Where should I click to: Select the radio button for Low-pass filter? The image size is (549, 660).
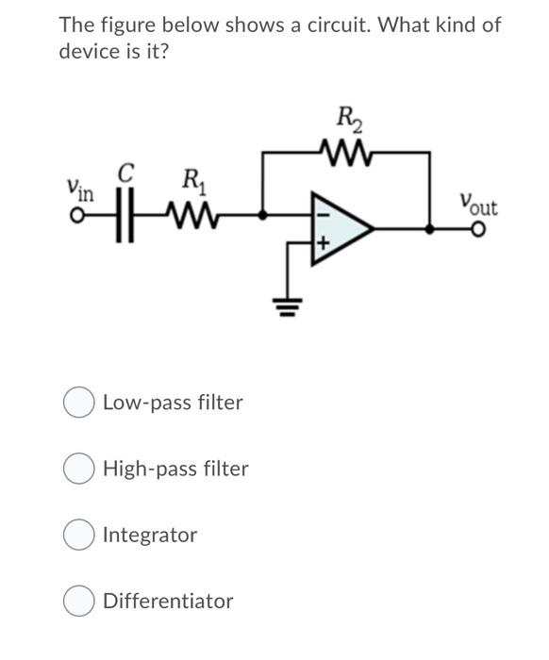tap(78, 403)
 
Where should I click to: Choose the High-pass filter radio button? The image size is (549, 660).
tap(78, 469)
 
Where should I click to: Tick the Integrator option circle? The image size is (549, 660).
tap(78, 536)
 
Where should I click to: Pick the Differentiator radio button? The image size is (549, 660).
tap(78, 602)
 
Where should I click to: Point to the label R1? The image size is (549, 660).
tap(191, 177)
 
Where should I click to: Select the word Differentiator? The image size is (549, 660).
tap(168, 602)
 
